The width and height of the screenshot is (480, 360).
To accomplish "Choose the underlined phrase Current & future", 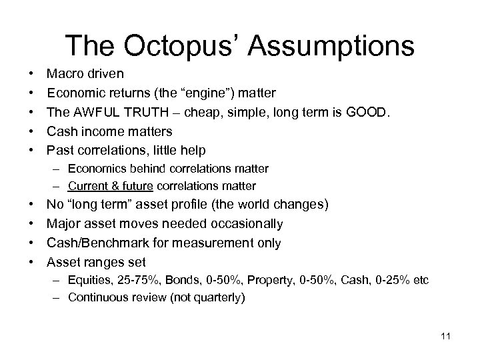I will (x=113, y=186).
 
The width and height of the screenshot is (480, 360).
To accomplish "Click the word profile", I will (x=198, y=205).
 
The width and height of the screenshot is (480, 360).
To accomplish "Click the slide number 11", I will (x=445, y=336).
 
